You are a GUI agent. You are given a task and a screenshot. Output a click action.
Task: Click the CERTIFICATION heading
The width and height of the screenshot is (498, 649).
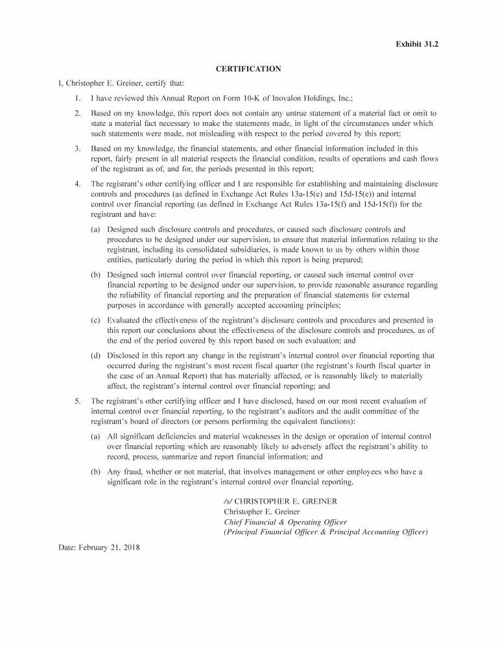point(248,69)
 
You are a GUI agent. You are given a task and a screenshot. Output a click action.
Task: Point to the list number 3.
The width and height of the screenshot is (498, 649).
point(77,149)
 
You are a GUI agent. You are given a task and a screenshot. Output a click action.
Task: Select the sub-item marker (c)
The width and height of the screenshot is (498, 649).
point(95,321)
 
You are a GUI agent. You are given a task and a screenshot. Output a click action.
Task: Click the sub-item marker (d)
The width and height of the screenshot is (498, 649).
point(95,356)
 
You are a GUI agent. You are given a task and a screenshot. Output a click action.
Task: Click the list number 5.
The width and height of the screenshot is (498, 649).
point(77,401)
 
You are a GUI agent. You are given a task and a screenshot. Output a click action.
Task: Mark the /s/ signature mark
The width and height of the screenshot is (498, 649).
point(228,502)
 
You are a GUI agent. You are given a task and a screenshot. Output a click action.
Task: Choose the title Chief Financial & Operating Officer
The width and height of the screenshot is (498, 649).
point(285,522)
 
